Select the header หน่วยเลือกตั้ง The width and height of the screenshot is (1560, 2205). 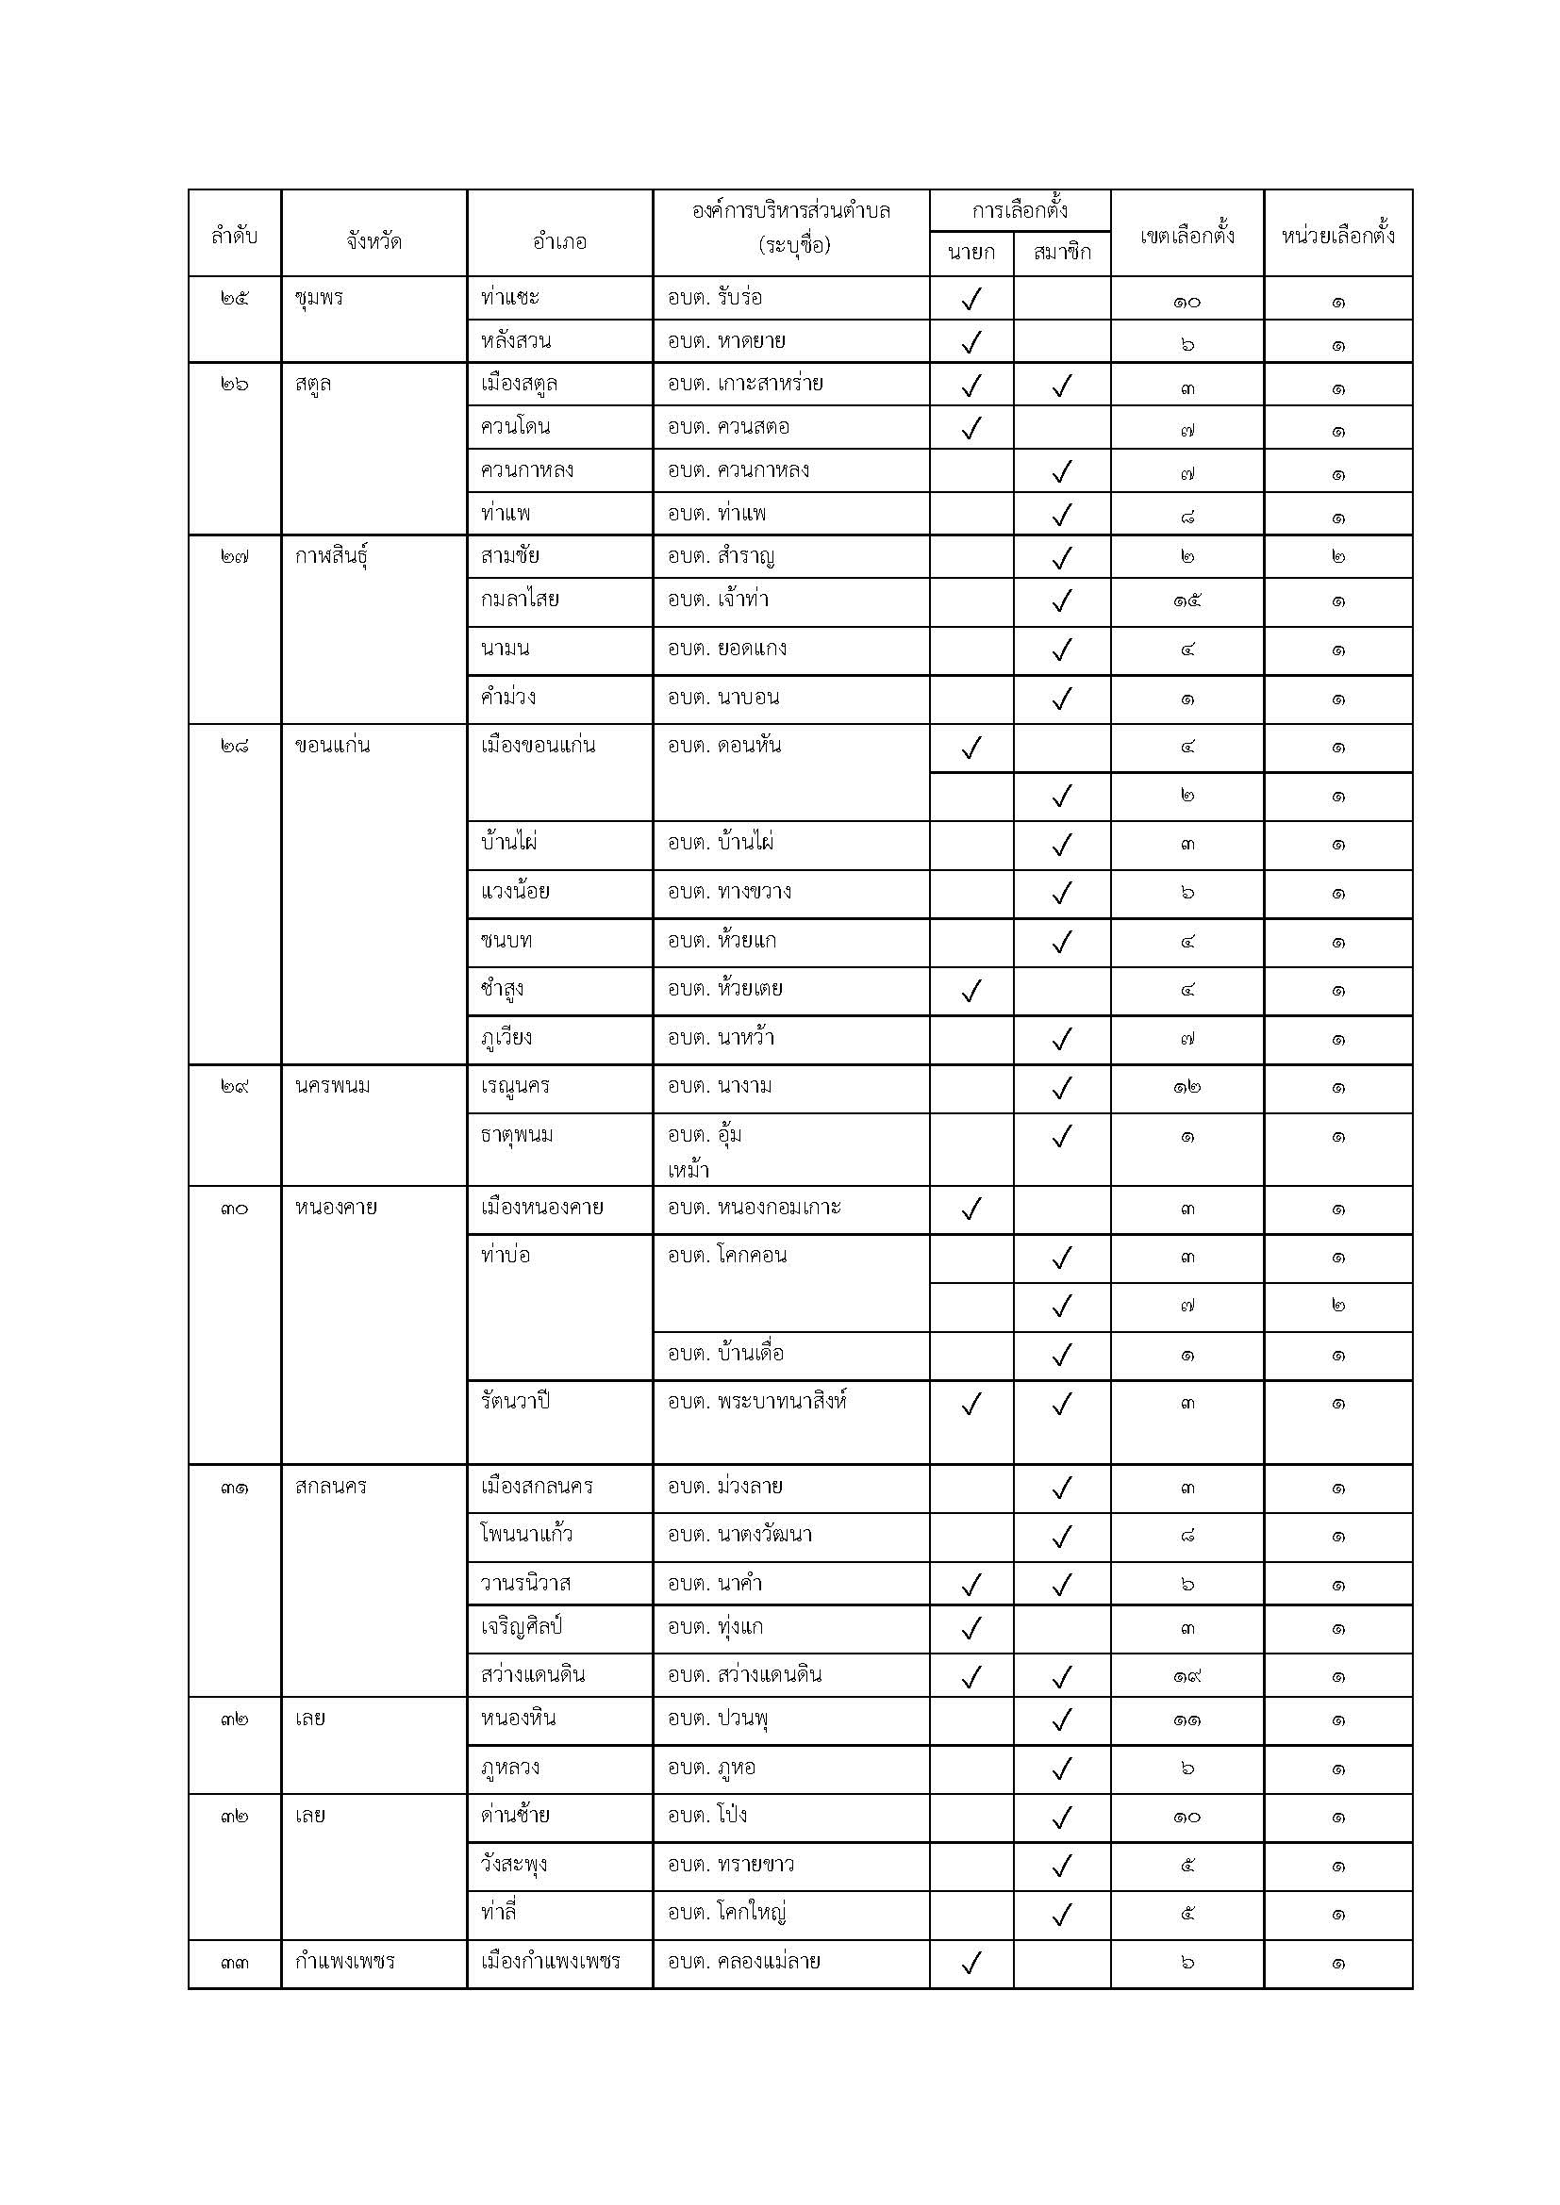(x=1337, y=236)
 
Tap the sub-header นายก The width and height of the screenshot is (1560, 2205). (x=971, y=253)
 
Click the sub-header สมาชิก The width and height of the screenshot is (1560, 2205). (x=1061, y=253)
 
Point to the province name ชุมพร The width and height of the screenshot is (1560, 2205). (x=319, y=298)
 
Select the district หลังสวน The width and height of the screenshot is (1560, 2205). (x=516, y=341)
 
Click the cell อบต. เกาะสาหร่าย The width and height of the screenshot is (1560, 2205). (x=745, y=384)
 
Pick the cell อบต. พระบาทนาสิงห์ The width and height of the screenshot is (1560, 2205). (x=757, y=1401)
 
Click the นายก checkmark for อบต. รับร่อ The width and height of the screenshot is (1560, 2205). (x=971, y=300)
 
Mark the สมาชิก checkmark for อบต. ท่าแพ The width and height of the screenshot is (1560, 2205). (x=1061, y=515)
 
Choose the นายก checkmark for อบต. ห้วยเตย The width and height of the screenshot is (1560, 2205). (x=971, y=990)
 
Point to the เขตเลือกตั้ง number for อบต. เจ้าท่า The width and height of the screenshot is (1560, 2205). (x=1187, y=602)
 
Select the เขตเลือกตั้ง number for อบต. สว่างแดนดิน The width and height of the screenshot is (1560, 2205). (x=1187, y=1677)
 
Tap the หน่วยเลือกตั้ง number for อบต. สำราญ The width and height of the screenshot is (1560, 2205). (x=1338, y=557)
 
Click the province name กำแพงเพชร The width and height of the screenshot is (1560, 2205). (x=345, y=1961)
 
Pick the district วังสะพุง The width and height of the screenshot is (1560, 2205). (x=514, y=1865)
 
